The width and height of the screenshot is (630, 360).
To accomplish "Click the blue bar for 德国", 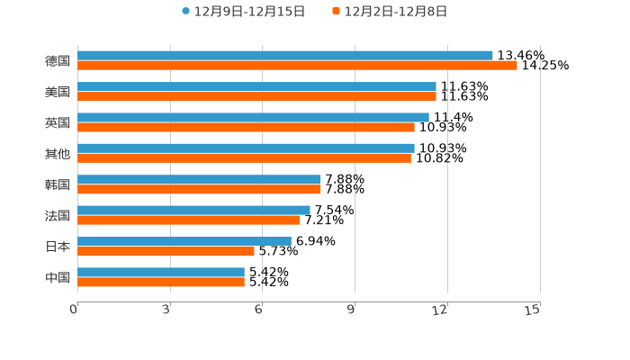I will pos(285,56).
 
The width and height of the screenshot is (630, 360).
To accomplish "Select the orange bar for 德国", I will pos(297,66).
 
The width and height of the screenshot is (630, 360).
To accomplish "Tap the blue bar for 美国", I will pos(256,86).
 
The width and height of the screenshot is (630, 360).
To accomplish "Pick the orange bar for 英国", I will pos(246,127).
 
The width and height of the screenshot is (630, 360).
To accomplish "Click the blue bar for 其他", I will pos(246,148).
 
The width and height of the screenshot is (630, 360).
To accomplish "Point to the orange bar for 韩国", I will pos(199,189).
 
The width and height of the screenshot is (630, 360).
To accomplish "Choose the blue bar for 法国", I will pos(193,211).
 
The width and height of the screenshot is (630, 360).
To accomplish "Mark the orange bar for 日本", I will pos(166,251).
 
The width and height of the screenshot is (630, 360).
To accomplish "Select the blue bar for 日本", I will pos(184,241).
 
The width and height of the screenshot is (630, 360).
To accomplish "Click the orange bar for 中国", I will pos(161,282).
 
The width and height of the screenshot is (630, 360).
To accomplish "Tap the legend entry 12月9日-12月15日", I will pos(243,12).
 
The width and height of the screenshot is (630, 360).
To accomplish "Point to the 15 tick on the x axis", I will pos(533,310).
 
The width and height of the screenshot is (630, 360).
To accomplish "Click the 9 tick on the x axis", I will pos(352,310).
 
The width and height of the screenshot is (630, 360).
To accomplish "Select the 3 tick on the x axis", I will pos(166,310).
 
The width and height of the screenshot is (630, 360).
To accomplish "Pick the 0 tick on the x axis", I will pos(74,310).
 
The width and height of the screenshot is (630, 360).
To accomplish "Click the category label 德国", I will pos(58,61).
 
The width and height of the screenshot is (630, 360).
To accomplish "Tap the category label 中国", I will pos(58,277).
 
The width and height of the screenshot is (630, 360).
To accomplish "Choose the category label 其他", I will pos(58,154).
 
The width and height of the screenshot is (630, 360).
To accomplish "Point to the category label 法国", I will pos(58,216).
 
